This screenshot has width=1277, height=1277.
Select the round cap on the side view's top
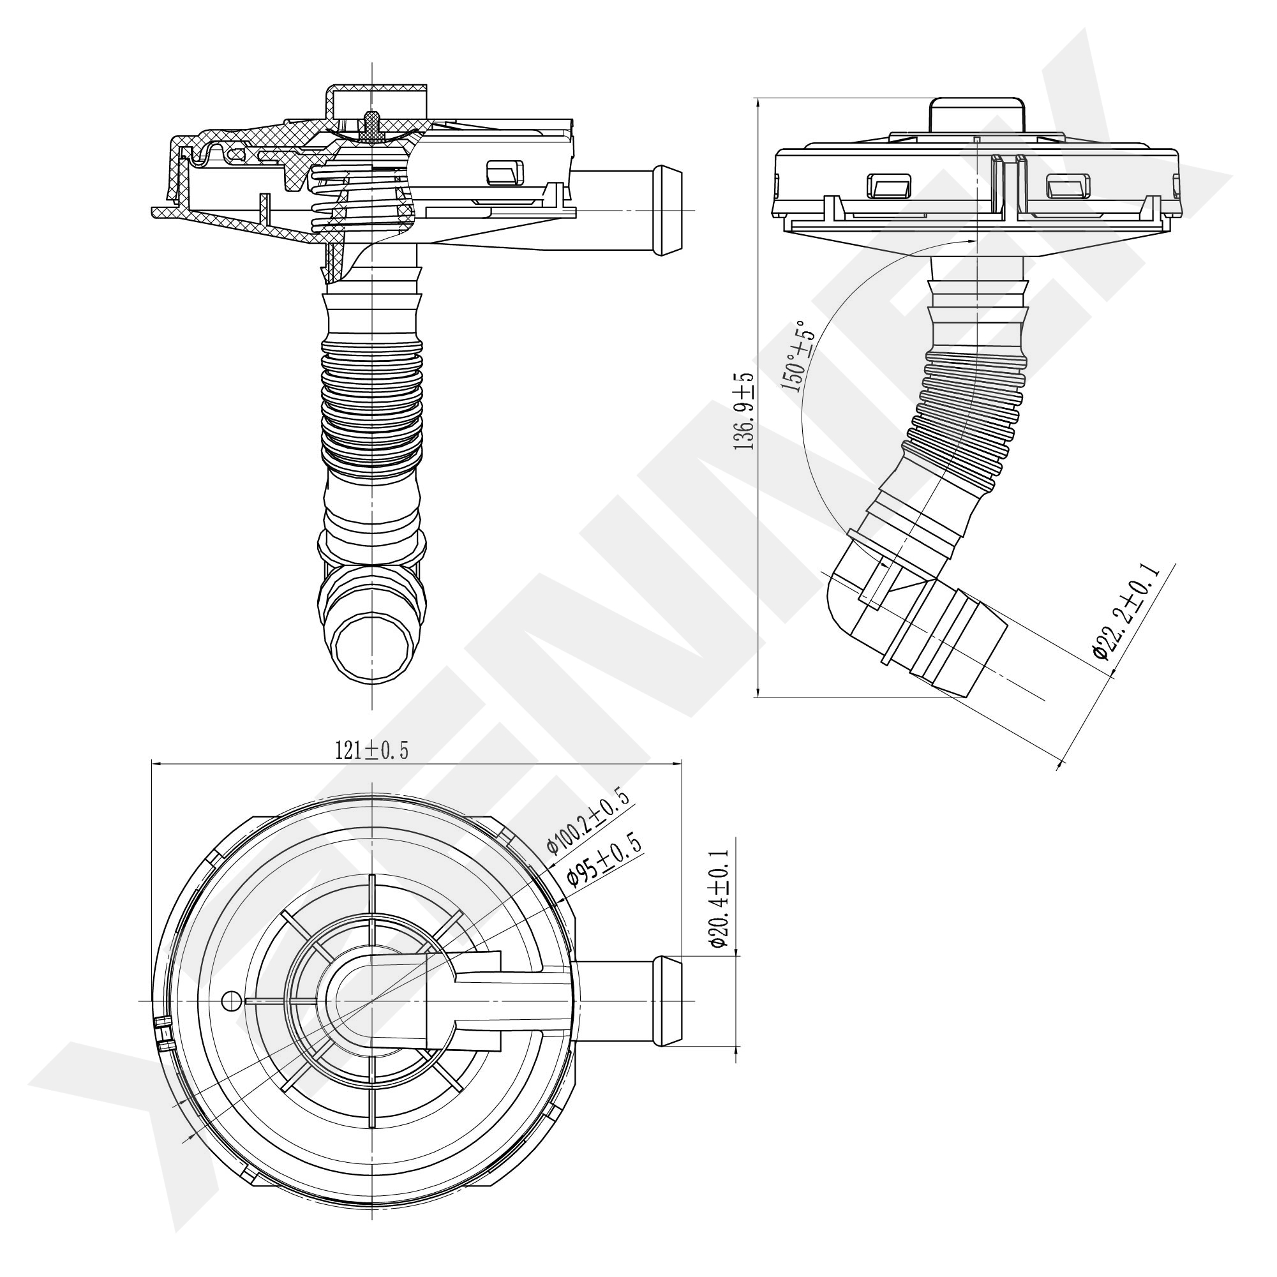pos(977,118)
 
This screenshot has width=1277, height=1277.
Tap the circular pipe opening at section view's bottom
pos(371,645)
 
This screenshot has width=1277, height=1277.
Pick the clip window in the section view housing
pos(505,172)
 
